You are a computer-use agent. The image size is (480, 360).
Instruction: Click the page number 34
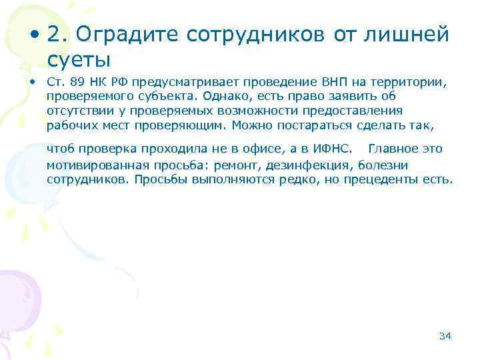point(445,335)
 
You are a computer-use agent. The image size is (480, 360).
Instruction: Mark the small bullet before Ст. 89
point(31,82)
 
